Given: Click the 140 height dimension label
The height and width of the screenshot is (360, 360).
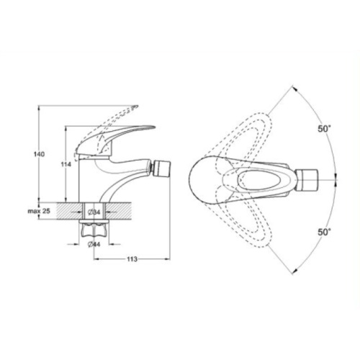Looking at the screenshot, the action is pos(39,154).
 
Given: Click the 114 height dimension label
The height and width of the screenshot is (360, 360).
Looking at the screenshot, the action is pos(66,165).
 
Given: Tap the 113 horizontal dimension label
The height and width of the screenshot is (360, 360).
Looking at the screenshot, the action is pos(132,259).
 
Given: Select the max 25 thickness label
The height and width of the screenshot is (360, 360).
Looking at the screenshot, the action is pos(39,211).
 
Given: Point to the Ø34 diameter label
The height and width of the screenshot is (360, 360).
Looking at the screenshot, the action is pos(94,212).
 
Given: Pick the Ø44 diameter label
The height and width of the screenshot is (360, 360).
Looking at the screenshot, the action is pos(94,245).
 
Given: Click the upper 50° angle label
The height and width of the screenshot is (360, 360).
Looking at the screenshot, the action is pos(325,129).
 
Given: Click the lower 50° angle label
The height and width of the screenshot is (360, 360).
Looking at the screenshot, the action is pos(325,232).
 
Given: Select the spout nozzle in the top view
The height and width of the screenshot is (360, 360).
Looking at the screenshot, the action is pos(307,180).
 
